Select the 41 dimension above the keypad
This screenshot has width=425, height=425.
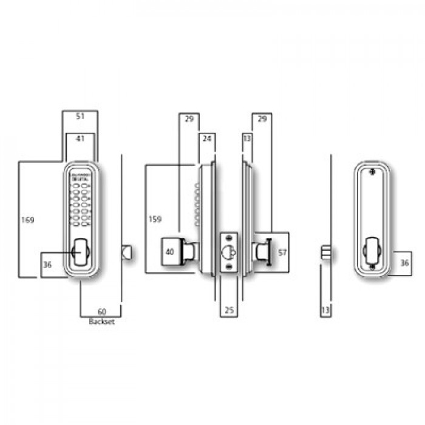pos(80,139)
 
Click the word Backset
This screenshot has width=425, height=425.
pos(101,322)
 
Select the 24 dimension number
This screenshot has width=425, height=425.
pos(206,139)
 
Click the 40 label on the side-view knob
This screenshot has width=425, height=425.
pos(169,251)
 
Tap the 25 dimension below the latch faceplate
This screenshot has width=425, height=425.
pos(229,310)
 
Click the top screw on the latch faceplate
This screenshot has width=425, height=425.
pos(229,237)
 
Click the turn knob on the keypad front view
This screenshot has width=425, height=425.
pos(80,251)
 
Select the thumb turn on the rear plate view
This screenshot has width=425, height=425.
pos(370,251)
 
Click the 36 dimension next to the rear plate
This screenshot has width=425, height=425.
pos(405,263)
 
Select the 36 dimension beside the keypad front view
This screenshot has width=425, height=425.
pos(47,264)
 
